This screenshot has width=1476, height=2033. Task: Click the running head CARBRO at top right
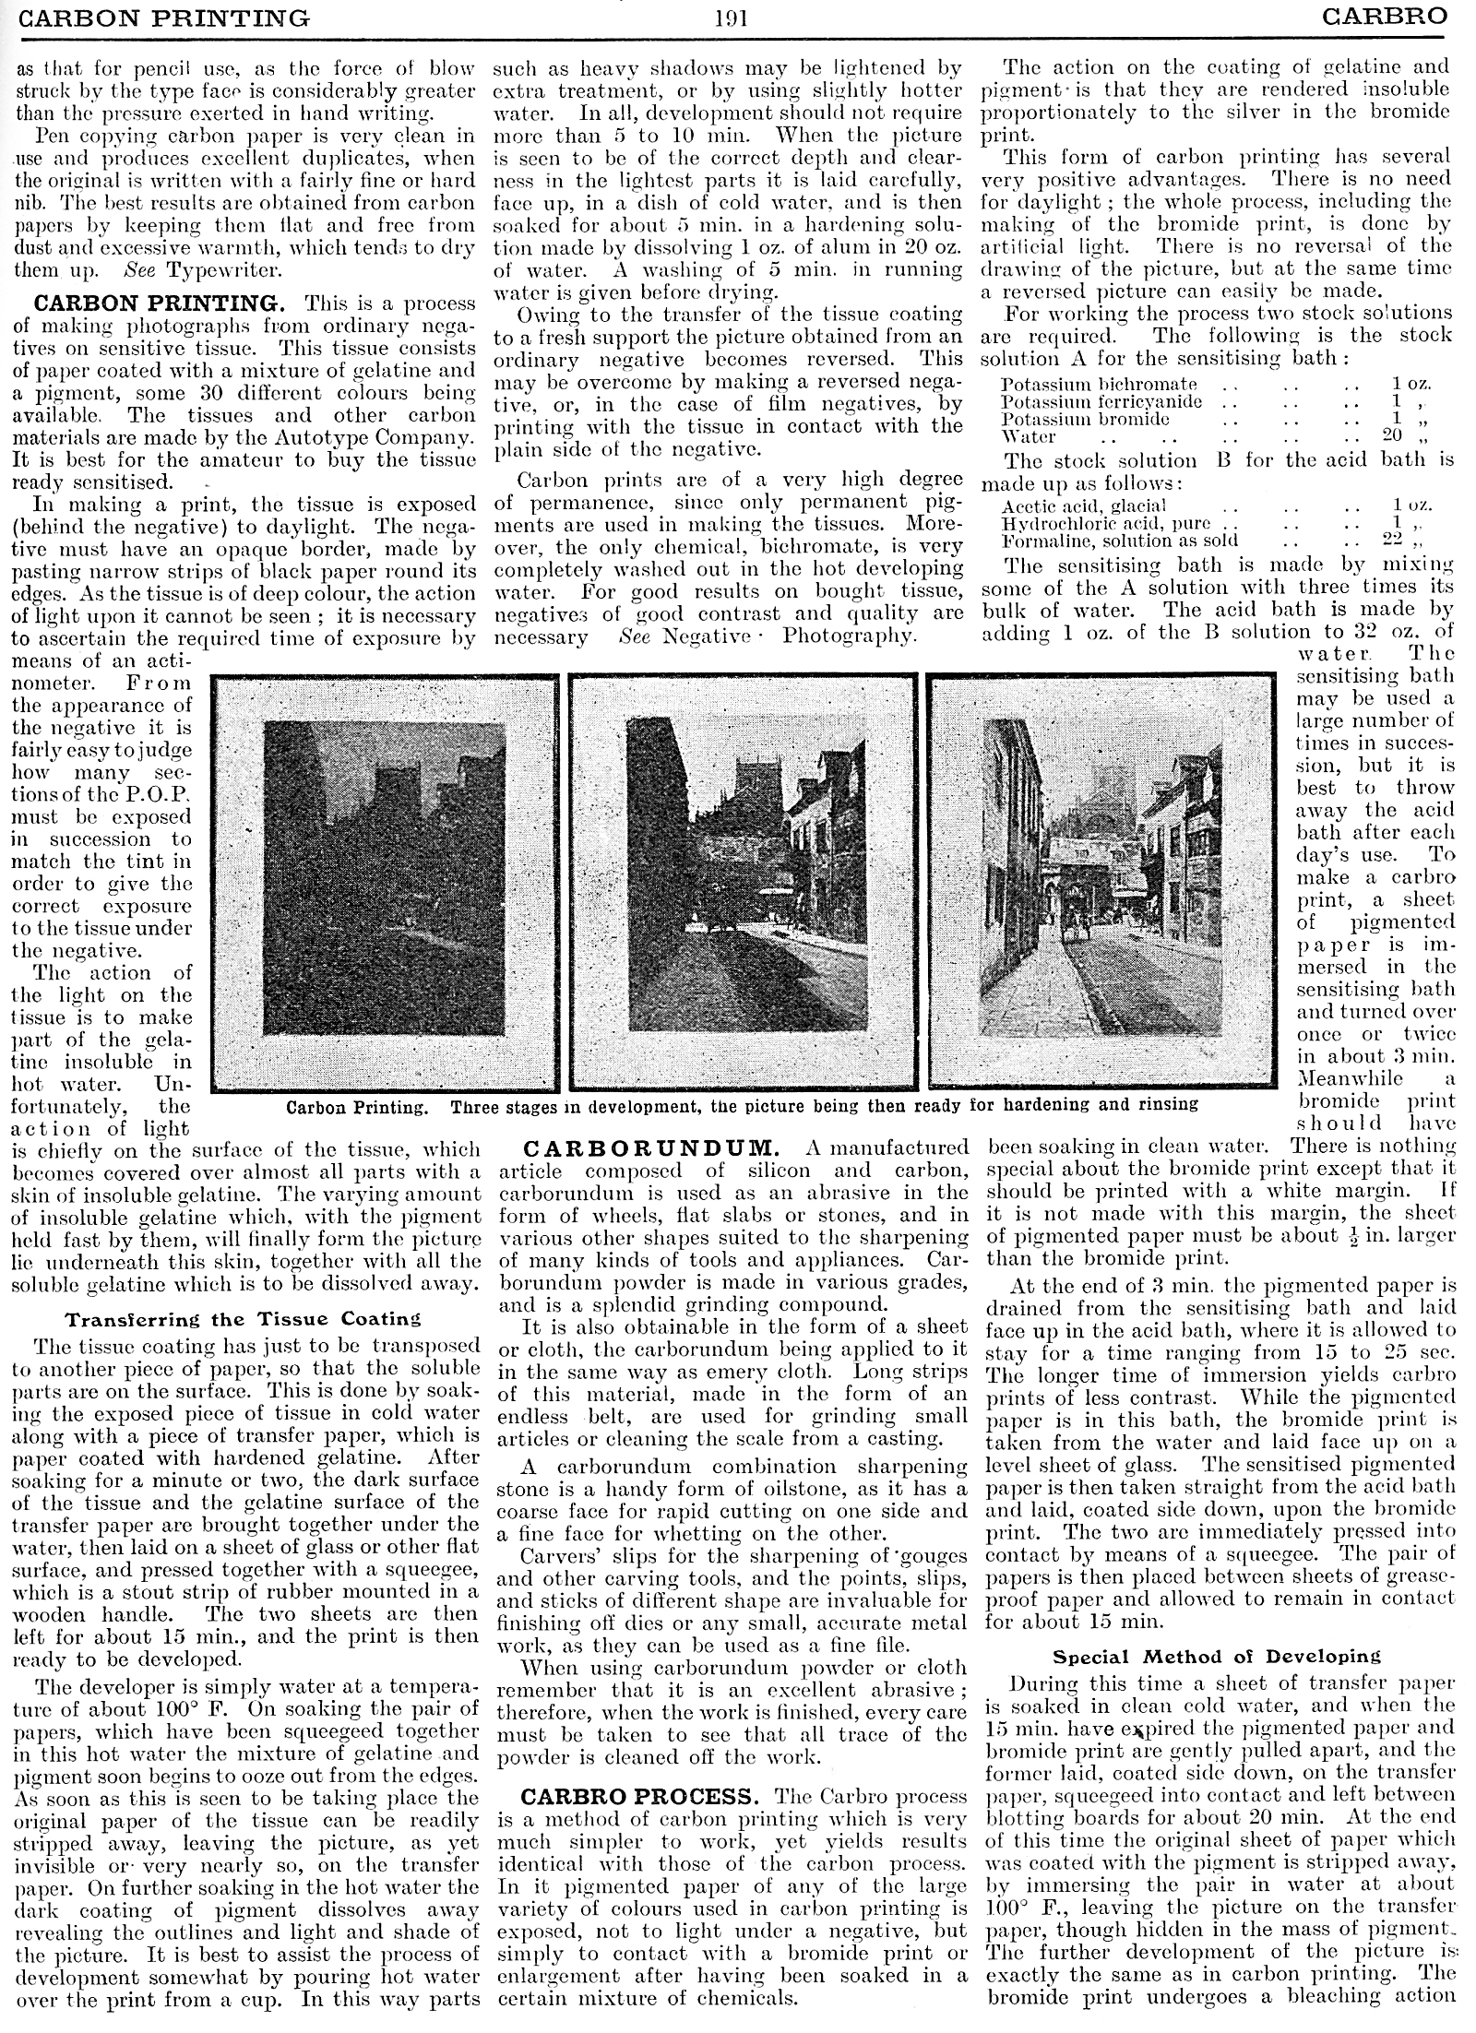pyautogui.click(x=1383, y=17)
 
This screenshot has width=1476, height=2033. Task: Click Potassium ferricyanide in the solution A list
pyautogui.click(x=1101, y=402)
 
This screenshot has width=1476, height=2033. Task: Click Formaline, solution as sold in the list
pyautogui.click(x=1120, y=541)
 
